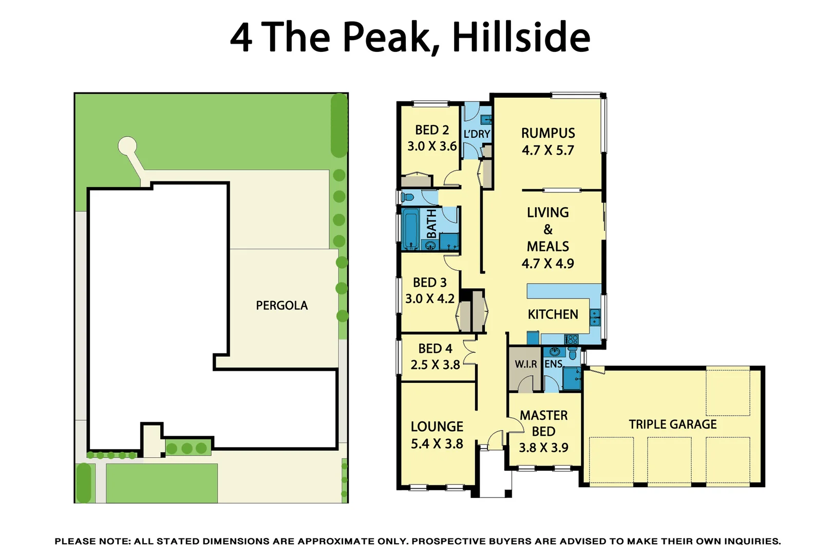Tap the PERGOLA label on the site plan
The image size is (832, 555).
[281, 305]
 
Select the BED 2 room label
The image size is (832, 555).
[432, 130]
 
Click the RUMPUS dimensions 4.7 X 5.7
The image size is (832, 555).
[547, 151]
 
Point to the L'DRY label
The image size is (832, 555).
[477, 134]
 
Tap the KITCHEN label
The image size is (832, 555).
[553, 314]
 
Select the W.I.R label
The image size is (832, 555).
[525, 364]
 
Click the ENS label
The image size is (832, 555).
[553, 364]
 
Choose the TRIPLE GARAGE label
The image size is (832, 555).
[672, 424]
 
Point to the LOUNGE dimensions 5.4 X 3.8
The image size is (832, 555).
[437, 444]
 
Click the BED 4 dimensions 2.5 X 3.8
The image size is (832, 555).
[435, 365]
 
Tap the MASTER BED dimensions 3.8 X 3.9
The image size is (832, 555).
[543, 448]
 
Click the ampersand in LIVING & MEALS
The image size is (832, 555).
[548, 229]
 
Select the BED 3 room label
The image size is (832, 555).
[429, 283]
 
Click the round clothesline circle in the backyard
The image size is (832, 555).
[127, 146]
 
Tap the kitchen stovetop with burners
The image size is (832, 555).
[571, 339]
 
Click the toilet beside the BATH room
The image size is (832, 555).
[407, 197]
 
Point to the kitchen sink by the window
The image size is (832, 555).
[595, 317]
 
